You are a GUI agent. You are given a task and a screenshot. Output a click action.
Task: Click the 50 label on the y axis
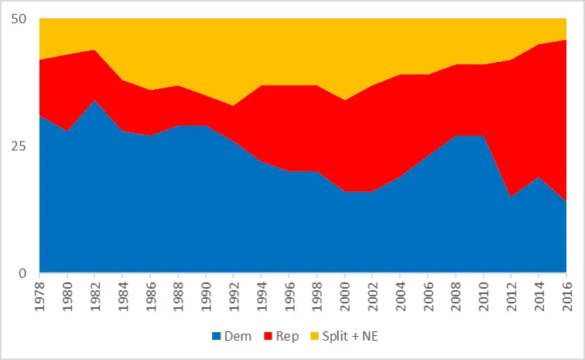[22, 19]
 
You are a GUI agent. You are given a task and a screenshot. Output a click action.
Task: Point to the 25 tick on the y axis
[22, 146]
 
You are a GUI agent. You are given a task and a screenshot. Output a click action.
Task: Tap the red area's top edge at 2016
[566, 39]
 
